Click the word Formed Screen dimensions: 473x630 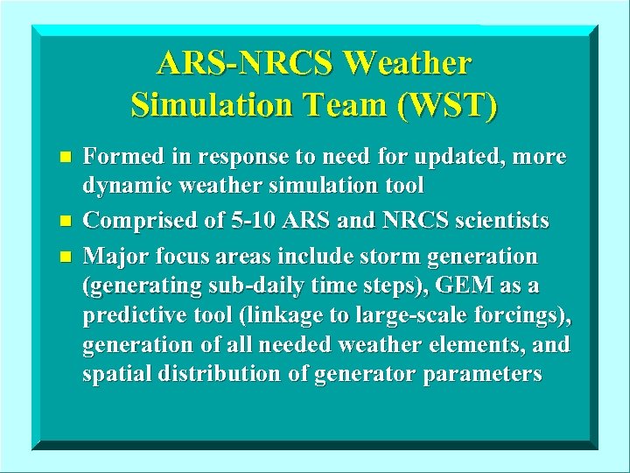pyautogui.click(x=118, y=158)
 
